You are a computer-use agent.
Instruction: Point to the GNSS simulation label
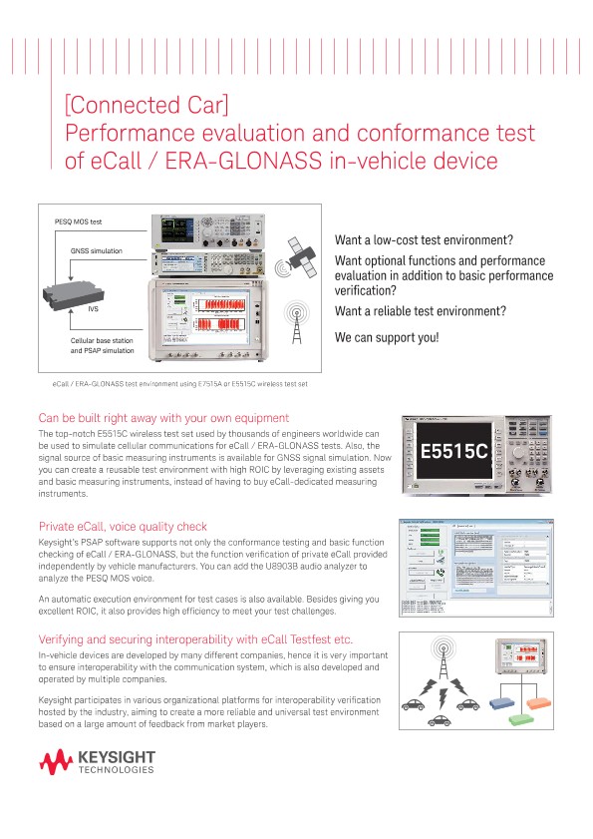pos(97,250)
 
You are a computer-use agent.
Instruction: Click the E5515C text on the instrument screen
pos(453,451)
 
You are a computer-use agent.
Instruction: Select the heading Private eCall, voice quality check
pos(123,526)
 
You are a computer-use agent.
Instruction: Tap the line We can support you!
pos(387,337)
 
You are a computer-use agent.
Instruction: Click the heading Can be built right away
pos(163,418)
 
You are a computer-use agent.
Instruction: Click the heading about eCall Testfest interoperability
pos(195,638)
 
